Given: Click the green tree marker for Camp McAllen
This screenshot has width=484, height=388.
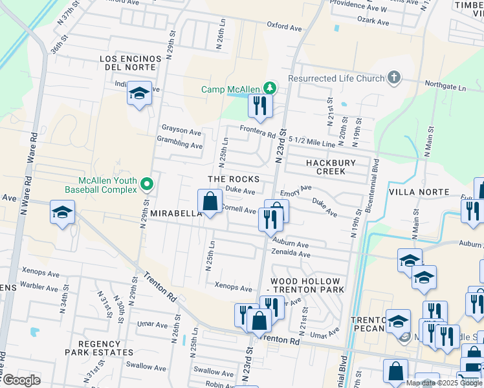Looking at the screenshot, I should pyautogui.click(x=273, y=89).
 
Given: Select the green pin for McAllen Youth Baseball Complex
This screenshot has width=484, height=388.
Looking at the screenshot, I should pyautogui.click(x=147, y=184).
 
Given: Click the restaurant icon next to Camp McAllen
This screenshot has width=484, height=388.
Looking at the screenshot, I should pyautogui.click(x=260, y=107).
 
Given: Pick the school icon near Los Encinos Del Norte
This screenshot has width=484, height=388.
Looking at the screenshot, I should pyautogui.click(x=139, y=94).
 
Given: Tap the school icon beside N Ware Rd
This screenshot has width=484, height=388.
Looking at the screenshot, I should pyautogui.click(x=62, y=213).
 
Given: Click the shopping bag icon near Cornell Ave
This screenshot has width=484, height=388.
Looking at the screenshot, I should pyautogui.click(x=210, y=201).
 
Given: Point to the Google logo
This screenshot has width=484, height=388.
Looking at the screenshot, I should pyautogui.click(x=21, y=380).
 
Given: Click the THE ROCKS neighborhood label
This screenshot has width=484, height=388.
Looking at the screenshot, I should pyautogui.click(x=234, y=179).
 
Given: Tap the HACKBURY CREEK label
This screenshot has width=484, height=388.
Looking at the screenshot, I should pyautogui.click(x=327, y=167).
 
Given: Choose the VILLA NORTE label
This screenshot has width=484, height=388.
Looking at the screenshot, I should pyautogui.click(x=419, y=192).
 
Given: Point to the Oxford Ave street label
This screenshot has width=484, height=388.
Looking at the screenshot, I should pyautogui.click(x=285, y=28).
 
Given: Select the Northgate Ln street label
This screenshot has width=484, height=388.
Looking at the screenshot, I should pyautogui.click(x=445, y=86).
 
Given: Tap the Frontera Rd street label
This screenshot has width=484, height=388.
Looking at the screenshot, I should pyautogui.click(x=258, y=133).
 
